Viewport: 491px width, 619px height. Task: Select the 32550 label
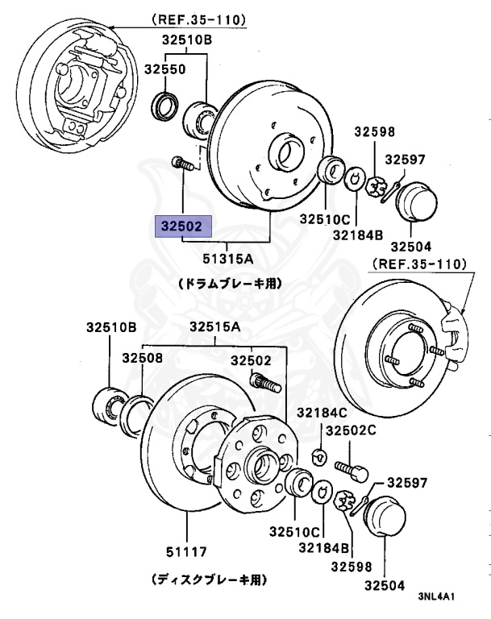pos(165,69)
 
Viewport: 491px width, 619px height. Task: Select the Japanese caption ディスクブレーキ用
pos(209,579)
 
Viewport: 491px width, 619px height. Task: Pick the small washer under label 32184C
pos(318,456)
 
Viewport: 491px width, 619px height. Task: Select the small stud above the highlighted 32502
pos(185,164)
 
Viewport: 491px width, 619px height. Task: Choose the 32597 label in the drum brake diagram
pos(406,160)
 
